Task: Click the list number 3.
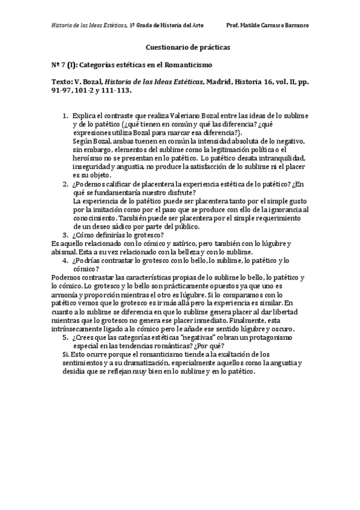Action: (66, 235)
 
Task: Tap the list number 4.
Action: (66, 260)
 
